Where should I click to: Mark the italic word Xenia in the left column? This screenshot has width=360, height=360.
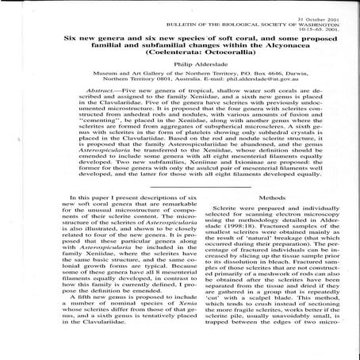coord(163,325)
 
